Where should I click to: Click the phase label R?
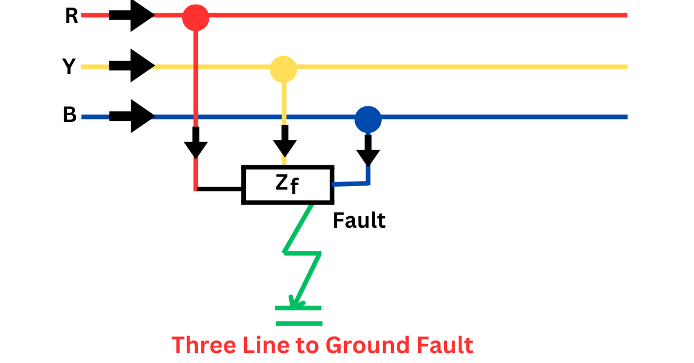71,16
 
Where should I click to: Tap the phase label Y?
69,67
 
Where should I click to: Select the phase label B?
69,116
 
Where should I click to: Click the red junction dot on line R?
195,17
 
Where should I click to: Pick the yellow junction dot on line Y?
283,69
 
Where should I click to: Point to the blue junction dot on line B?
368,119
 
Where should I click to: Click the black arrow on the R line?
132,16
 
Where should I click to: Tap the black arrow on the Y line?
132,66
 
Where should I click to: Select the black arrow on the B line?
132,116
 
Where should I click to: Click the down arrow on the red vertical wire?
196,145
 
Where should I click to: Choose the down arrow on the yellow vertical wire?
283,145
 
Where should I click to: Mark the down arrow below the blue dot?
368,153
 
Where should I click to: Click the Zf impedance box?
287,185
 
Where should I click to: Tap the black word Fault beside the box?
359,220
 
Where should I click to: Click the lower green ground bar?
298,323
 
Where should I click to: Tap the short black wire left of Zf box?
220,188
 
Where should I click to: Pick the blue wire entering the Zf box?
350,184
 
